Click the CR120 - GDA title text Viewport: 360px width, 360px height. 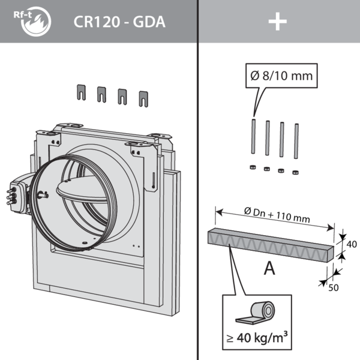[x=119, y=22]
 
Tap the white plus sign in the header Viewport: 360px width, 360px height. [x=278, y=22]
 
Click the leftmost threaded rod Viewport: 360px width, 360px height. [x=253, y=137]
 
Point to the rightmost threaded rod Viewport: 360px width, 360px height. [x=296, y=141]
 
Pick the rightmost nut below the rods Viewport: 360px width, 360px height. [x=295, y=172]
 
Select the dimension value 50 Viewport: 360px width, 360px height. [x=333, y=287]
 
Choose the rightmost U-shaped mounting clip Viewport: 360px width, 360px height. [x=143, y=97]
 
